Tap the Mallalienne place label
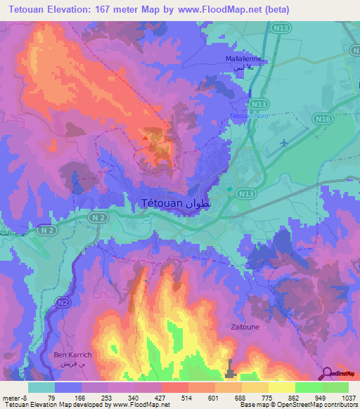(x=243, y=60)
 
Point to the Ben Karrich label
(x=72, y=356)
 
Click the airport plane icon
(x=284, y=143)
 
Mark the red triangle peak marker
(x=146, y=138)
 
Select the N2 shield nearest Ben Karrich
(x=63, y=302)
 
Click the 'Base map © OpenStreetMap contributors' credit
(x=298, y=405)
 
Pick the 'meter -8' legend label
(x=14, y=397)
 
